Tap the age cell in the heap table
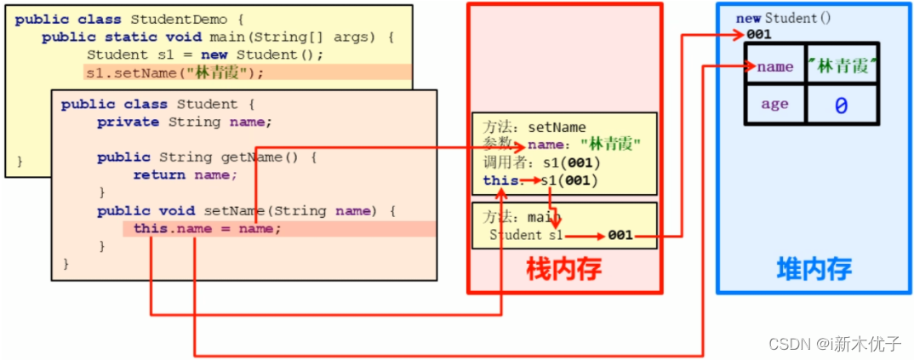[x=774, y=105]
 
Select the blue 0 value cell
[x=841, y=106]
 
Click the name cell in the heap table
[x=774, y=66]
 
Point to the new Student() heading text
[x=783, y=18]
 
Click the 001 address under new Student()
[x=758, y=34]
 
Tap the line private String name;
[x=184, y=122]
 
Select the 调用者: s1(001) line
[x=541, y=163]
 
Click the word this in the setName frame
[x=497, y=180]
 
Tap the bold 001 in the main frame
[x=620, y=236]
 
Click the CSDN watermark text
[x=834, y=344]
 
